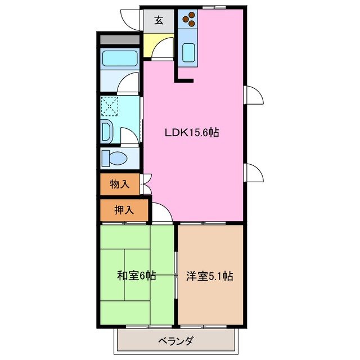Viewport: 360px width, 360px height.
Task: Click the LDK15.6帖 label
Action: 191,133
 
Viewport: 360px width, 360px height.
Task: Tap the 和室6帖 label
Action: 136,276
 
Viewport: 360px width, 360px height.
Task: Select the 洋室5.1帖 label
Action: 210,276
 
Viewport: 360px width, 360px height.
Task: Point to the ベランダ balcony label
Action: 175,340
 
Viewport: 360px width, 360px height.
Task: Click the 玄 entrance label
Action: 159,21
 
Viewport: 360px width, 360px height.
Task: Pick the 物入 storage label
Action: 120,184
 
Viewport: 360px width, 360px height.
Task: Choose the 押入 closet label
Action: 124,210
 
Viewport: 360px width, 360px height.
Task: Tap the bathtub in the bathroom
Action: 119,59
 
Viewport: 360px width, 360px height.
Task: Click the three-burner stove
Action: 188,19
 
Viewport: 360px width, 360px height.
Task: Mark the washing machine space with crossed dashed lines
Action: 110,105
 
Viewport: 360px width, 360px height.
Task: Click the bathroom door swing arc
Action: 128,85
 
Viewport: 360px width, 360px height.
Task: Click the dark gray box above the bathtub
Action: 119,40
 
